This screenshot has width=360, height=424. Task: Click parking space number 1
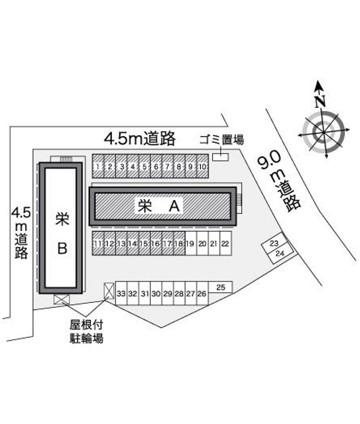[98, 166]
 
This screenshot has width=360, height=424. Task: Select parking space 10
[202, 166]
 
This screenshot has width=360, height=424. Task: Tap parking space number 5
[144, 166]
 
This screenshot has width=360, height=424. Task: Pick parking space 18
[179, 243]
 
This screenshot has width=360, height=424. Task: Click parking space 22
[226, 243]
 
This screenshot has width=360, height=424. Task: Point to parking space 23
[274, 243]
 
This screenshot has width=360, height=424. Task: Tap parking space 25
[220, 287]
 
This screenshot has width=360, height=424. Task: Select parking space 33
[121, 293]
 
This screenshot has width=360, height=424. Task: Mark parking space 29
[167, 293]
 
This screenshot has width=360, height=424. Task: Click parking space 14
[133, 243]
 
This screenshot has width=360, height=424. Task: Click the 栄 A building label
[159, 206]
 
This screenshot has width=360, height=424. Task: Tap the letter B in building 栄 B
[63, 248]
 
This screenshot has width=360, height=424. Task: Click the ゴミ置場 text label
[221, 140]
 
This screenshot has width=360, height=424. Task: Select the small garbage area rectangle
[220, 157]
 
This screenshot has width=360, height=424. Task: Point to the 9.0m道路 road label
[279, 181]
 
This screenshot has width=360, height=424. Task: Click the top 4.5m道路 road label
[140, 139]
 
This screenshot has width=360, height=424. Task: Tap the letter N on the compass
[320, 101]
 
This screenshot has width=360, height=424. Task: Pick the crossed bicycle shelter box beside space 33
[109, 291]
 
